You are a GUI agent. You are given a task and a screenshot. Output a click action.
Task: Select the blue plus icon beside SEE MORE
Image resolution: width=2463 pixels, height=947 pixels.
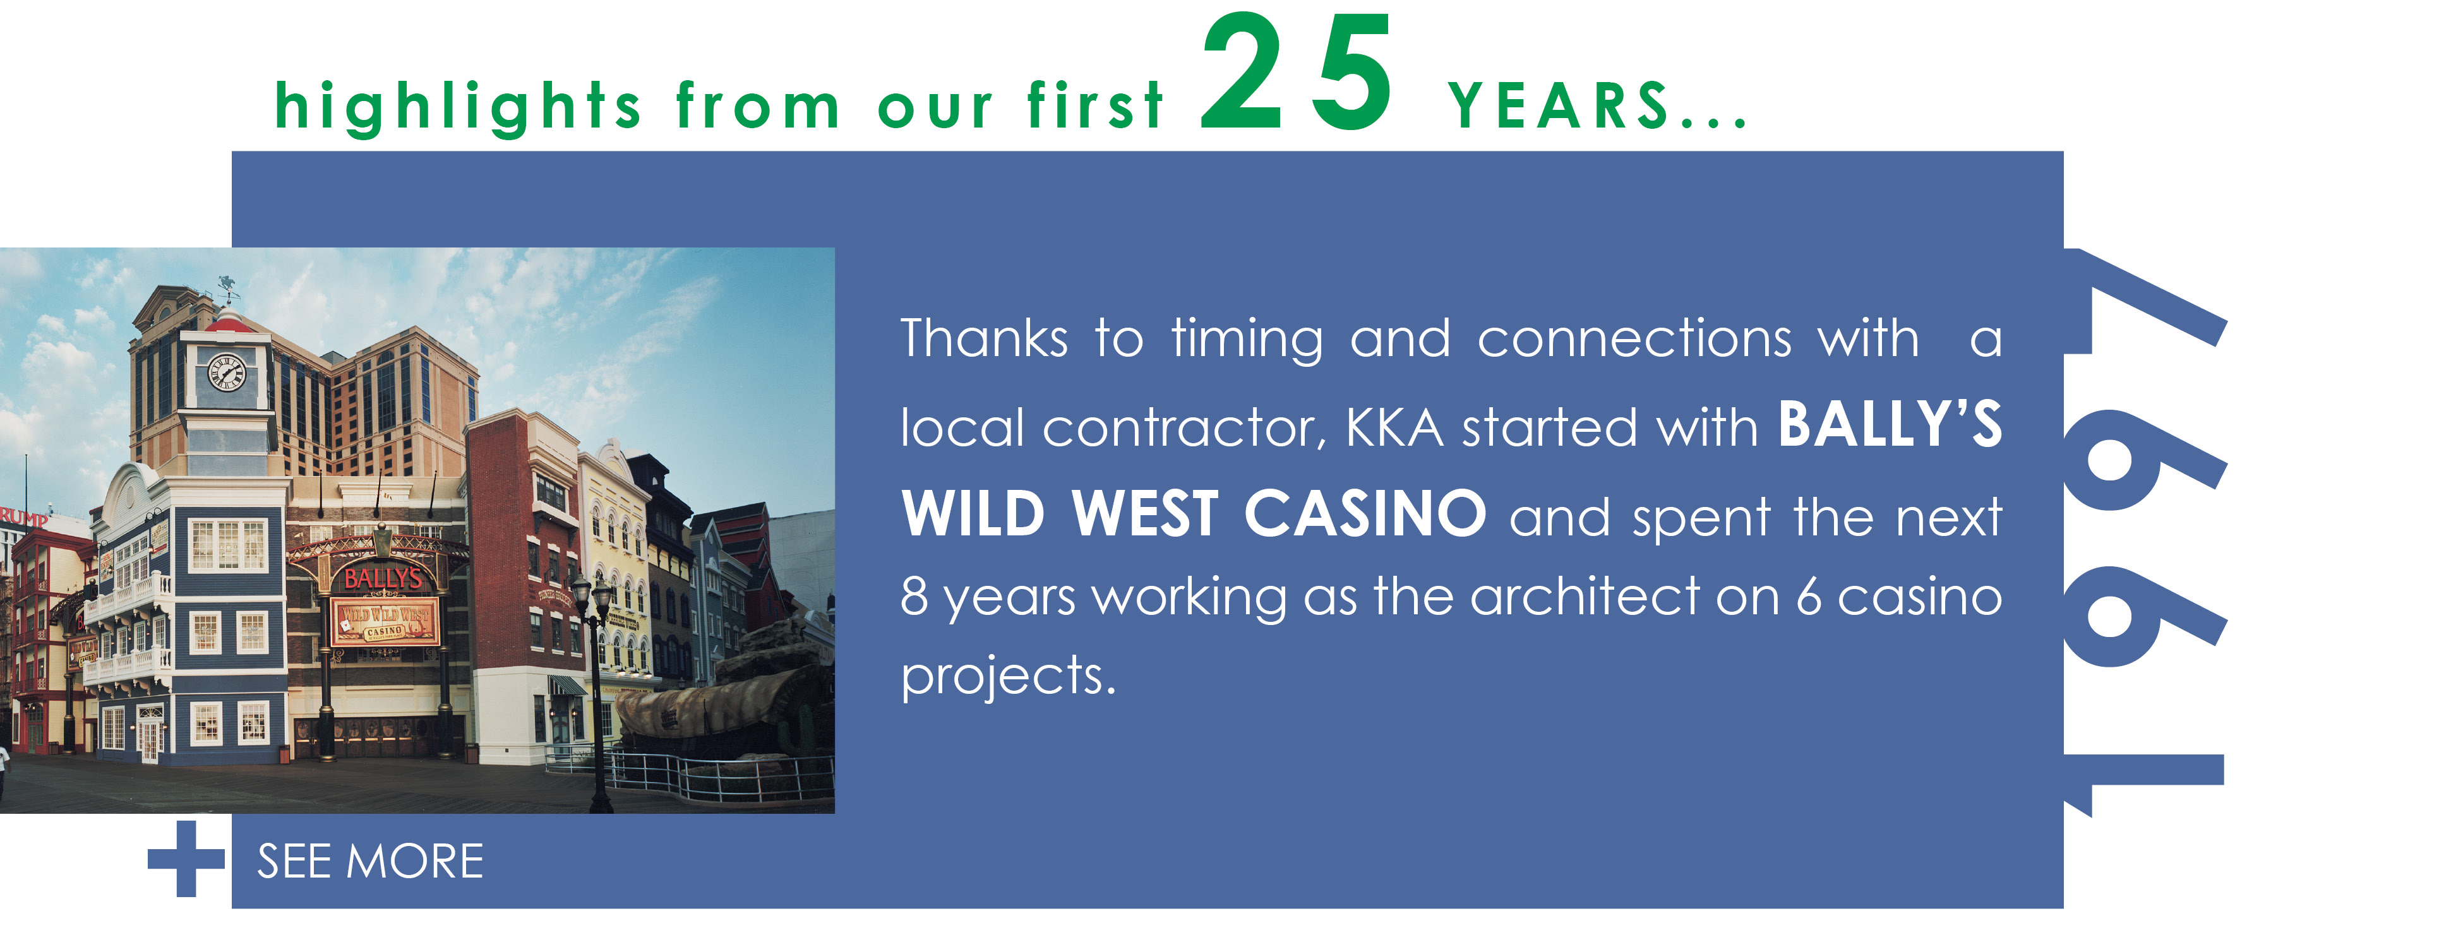(x=186, y=858)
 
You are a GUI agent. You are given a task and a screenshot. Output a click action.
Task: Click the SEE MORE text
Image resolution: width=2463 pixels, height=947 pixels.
(x=370, y=861)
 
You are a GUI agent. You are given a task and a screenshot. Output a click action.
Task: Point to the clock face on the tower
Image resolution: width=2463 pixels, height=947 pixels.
(x=227, y=372)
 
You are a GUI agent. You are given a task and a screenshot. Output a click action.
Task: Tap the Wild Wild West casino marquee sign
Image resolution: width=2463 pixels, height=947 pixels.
(x=385, y=621)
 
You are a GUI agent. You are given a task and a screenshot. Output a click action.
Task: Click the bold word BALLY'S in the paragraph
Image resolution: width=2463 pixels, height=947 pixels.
(x=1890, y=424)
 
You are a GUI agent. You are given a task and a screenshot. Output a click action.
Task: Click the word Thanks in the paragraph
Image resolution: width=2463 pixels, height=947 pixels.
(x=984, y=338)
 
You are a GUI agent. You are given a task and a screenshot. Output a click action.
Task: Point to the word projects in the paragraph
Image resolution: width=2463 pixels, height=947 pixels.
(x=1009, y=677)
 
